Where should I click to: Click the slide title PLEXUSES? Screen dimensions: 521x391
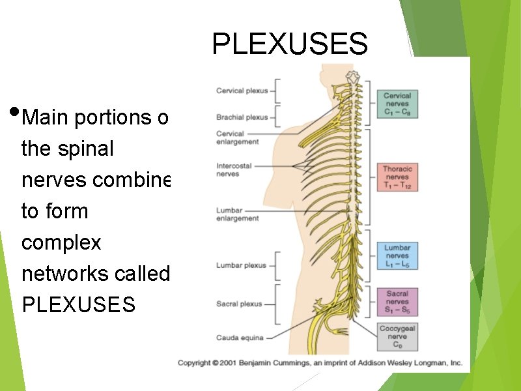(290, 44)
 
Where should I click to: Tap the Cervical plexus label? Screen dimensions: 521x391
(242, 91)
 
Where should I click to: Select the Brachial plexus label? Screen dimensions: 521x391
(242, 117)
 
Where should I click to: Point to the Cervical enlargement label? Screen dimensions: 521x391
(237, 138)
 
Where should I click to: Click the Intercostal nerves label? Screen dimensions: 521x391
(234, 170)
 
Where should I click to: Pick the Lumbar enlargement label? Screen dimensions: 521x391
(237, 214)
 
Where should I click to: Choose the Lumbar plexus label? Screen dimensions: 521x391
(241, 265)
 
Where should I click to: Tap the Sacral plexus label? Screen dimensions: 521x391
(239, 304)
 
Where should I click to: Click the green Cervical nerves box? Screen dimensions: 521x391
(397, 104)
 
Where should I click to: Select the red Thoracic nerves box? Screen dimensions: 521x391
(397, 177)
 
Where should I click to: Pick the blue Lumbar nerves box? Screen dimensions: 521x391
(397, 256)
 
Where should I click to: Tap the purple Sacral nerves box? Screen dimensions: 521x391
(397, 302)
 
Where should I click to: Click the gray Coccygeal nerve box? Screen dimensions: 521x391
(397, 337)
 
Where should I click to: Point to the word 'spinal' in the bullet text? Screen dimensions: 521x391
(91, 149)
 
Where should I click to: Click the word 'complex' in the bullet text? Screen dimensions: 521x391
(61, 243)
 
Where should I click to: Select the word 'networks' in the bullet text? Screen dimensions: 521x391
(61, 274)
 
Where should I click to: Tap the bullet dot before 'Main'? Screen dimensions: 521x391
(14, 109)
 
